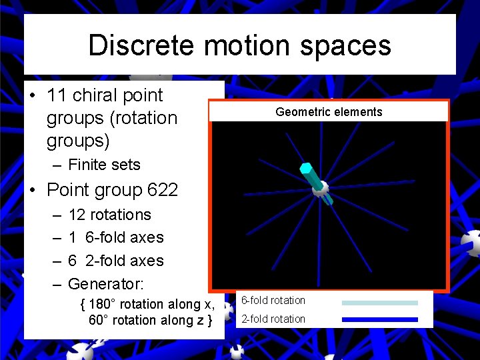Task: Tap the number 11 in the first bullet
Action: point(56,95)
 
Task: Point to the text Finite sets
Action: point(104,164)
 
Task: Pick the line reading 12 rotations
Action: point(109,215)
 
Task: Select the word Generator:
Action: point(105,284)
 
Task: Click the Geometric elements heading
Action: point(329,112)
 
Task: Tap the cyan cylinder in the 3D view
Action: point(309,173)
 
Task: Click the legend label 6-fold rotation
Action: point(273,301)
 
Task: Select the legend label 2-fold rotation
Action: point(273,319)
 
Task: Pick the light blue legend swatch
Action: point(379,303)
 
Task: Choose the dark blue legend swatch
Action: point(379,319)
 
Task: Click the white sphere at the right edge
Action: point(472,243)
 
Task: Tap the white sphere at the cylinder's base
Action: point(320,189)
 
